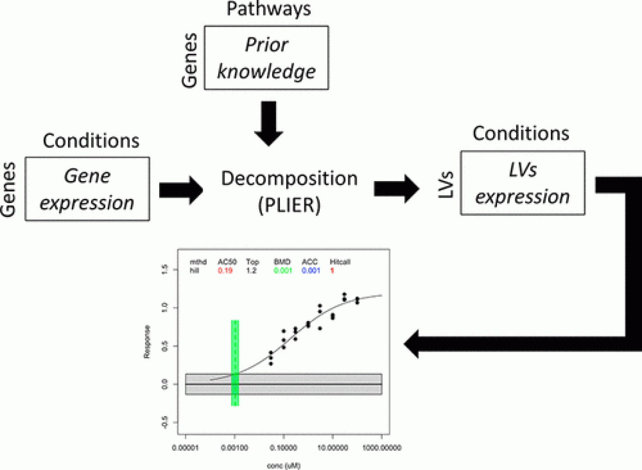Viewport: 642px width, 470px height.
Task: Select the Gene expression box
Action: coord(88,189)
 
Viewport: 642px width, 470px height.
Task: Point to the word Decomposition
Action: coord(289,178)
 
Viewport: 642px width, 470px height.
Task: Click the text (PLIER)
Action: coord(289,203)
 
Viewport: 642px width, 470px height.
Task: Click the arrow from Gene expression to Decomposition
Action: coord(181,190)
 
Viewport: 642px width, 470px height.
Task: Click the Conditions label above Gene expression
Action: coord(91,141)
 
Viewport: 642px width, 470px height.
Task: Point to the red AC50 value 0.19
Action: coord(225,270)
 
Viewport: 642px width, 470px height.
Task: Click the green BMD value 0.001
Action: coord(282,270)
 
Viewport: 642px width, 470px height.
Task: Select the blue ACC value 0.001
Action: coord(310,270)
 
